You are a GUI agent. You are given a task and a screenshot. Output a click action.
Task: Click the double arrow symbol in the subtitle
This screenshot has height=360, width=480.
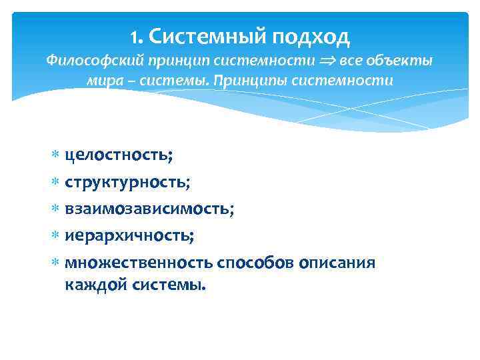(x=327, y=61)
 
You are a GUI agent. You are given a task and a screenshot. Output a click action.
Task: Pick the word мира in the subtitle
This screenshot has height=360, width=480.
(x=102, y=81)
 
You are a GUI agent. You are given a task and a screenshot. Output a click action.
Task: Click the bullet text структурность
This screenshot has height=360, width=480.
(x=127, y=182)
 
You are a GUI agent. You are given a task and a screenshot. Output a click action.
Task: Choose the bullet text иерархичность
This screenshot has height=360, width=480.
(x=129, y=236)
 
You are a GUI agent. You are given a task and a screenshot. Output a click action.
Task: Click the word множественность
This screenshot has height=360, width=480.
(x=139, y=263)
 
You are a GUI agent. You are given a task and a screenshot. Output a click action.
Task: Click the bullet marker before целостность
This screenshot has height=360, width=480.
(x=55, y=156)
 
